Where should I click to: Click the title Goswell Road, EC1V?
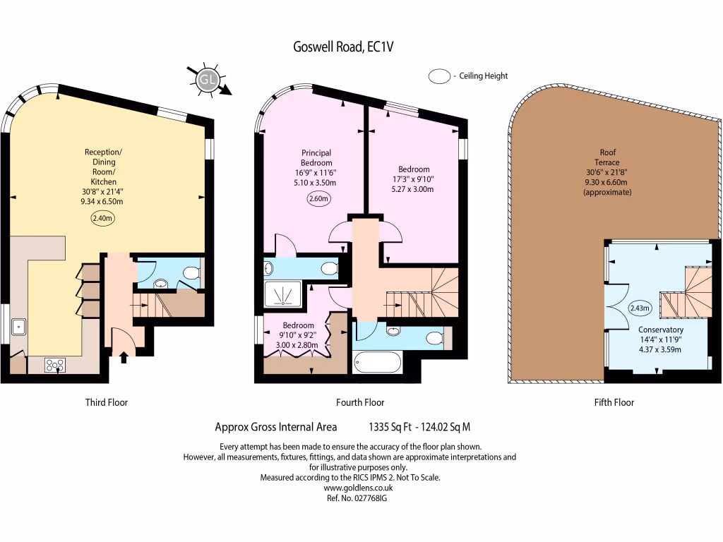click(343, 47)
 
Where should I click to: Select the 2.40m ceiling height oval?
click(102, 218)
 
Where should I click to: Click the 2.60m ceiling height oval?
click(318, 198)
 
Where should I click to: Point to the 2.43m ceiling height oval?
click(640, 308)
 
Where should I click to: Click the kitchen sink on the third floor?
click(18, 327)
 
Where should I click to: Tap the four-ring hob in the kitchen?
click(55, 366)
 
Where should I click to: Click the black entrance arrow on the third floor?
click(124, 357)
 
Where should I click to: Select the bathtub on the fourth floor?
click(378, 362)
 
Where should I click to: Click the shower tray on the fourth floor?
click(282, 294)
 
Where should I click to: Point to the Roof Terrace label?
click(607, 157)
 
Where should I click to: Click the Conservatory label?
click(660, 330)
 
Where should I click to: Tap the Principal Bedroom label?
click(316, 157)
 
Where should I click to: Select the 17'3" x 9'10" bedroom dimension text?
click(413, 179)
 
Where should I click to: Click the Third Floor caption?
click(107, 402)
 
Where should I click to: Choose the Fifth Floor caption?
click(614, 402)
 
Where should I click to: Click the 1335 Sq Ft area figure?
click(390, 427)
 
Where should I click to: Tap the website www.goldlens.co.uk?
click(358, 488)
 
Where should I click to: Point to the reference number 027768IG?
click(370, 498)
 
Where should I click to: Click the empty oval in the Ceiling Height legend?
click(439, 76)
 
